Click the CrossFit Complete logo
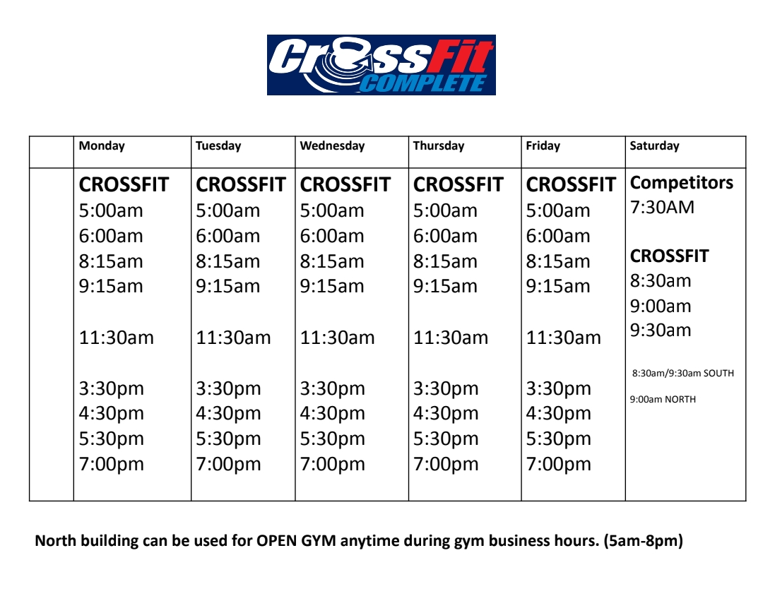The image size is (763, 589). point(381,65)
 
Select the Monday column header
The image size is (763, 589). point(102,146)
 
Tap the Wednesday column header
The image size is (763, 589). point(332,146)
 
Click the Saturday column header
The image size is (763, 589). point(654,146)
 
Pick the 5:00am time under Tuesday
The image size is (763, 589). point(227,210)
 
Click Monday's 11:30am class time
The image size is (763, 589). point(117,338)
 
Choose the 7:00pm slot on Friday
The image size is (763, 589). point(559,465)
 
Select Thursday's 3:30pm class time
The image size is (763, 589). point(446,389)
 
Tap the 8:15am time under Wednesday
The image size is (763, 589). point(332,262)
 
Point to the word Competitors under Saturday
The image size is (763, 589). point(682,183)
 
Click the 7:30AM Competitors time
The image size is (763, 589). point(662,208)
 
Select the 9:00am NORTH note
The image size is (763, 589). point(663,399)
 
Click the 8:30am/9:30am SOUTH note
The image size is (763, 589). point(683,374)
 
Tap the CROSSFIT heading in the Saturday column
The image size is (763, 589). point(670,256)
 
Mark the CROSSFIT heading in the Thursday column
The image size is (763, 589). point(459,185)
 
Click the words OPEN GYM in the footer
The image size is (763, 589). point(296,541)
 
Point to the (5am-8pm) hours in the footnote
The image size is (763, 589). point(644,541)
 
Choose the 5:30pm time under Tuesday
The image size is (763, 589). point(228,439)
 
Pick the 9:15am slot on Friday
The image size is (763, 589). point(558,287)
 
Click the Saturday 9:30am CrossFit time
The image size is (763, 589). point(661,331)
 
